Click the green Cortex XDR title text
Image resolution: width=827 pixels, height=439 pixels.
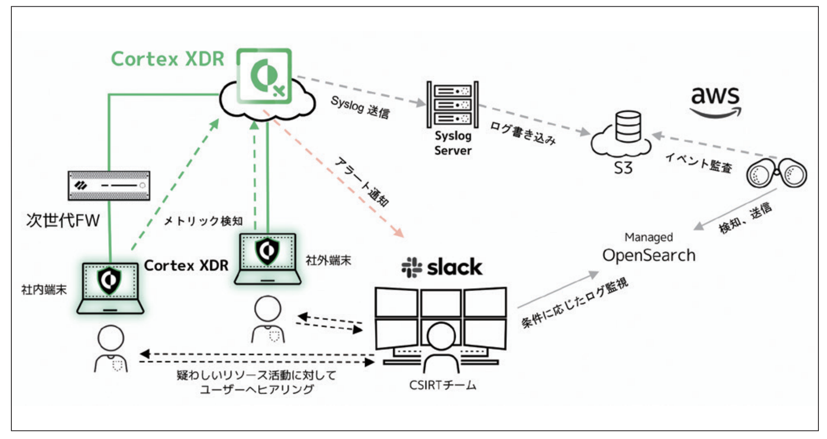(x=168, y=59)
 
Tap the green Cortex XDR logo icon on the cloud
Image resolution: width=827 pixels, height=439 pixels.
(x=264, y=76)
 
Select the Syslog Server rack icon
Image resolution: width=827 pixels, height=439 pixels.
(x=452, y=105)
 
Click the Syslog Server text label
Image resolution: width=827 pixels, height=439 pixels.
(x=452, y=143)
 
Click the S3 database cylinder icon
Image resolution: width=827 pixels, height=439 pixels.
(x=628, y=126)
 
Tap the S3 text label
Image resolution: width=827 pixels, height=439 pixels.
(x=623, y=168)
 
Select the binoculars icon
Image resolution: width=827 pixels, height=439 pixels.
(x=776, y=174)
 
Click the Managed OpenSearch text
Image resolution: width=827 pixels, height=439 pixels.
(x=649, y=249)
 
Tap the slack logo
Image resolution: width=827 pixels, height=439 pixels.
(x=442, y=267)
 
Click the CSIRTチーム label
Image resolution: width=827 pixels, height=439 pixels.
(x=442, y=385)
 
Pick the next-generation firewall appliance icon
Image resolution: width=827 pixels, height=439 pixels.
(x=109, y=186)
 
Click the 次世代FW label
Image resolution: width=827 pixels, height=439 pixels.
(x=63, y=220)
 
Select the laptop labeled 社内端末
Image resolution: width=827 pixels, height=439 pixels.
(x=110, y=288)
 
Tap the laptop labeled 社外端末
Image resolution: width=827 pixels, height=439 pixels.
(x=267, y=258)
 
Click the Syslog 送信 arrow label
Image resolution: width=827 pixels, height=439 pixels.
(x=360, y=108)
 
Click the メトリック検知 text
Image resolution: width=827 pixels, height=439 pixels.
(x=203, y=221)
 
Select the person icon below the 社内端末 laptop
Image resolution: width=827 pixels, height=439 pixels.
(x=111, y=348)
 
